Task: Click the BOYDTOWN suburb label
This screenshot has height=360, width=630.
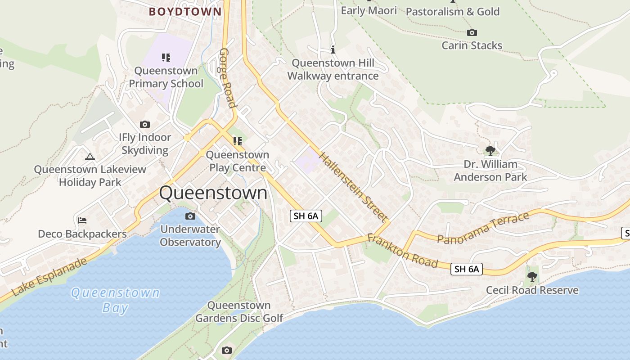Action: click(185, 12)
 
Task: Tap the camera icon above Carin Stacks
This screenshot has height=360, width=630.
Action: click(472, 32)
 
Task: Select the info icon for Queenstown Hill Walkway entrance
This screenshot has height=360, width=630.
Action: click(333, 49)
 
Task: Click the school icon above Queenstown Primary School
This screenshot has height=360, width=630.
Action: click(166, 57)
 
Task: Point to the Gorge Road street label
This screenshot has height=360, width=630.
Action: click(228, 79)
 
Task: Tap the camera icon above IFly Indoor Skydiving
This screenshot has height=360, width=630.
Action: click(145, 124)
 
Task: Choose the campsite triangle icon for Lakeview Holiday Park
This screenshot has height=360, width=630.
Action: click(90, 157)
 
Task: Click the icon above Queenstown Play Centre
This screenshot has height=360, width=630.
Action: click(237, 141)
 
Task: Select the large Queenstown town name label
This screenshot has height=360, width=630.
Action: click(213, 193)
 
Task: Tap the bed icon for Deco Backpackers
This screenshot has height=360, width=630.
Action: click(82, 220)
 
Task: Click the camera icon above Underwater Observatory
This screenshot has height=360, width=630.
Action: click(190, 216)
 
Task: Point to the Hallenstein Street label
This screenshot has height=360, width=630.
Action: click(353, 187)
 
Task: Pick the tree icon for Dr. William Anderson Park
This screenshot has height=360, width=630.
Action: click(490, 150)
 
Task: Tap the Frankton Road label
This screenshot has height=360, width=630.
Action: click(402, 251)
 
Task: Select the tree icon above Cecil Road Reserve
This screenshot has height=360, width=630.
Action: click(532, 276)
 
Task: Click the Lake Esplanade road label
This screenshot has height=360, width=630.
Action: click(49, 277)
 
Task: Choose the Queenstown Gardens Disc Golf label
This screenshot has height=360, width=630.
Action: click(239, 312)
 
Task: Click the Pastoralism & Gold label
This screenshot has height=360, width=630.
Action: click(453, 12)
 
